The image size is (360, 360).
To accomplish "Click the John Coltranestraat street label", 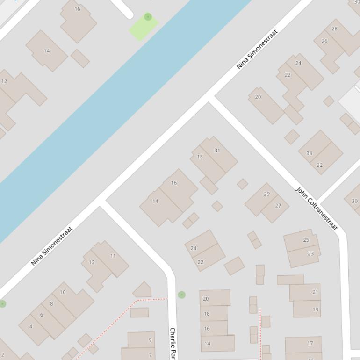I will coord(317,208).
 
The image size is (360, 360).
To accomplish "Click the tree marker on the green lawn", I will coord(148,17).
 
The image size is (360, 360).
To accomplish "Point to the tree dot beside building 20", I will coord(182,295).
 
